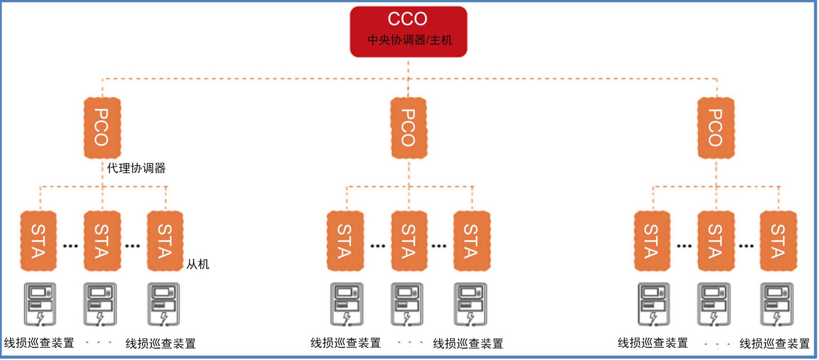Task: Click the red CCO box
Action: [x=408, y=31]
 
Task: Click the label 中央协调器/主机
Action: [x=409, y=40]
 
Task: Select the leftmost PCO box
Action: [x=102, y=128]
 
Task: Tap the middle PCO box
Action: [x=408, y=128]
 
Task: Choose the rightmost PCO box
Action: [x=715, y=128]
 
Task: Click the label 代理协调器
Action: [x=136, y=168]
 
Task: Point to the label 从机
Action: [x=198, y=264]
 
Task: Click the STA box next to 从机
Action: [x=165, y=241]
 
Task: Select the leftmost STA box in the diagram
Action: [x=38, y=241]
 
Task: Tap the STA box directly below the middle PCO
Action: [x=408, y=241]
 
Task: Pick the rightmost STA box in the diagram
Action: [x=778, y=241]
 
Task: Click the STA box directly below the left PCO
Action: [x=102, y=241]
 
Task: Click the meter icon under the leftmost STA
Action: [x=40, y=304]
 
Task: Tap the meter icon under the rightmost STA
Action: [x=777, y=304]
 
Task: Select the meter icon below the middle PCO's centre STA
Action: [x=407, y=304]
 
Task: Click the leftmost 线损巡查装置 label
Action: [x=39, y=343]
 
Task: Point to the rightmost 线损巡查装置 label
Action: [x=774, y=343]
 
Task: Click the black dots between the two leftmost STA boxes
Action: [x=70, y=246]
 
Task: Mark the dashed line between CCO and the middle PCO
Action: [x=408, y=78]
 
